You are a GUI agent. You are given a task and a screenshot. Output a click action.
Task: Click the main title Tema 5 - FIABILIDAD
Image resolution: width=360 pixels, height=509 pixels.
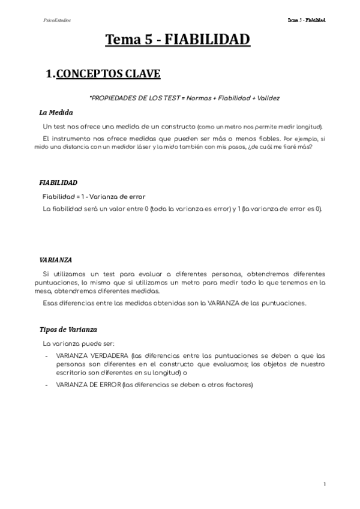178,41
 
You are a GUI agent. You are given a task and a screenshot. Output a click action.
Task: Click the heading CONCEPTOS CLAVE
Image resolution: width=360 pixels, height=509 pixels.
108,74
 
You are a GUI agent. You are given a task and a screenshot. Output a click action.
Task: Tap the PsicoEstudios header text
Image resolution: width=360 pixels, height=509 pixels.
57,20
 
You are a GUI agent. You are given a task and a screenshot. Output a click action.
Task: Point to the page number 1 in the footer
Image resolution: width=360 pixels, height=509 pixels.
324,484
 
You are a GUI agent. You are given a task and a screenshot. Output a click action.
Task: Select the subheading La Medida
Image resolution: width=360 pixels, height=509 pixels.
56,112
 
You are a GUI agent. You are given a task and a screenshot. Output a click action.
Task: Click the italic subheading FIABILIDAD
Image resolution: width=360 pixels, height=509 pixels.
58,182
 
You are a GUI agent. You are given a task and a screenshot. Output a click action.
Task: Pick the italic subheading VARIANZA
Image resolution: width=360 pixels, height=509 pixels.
55,260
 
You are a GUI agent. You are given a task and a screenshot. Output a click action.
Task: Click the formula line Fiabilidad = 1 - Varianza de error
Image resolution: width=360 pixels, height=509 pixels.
94,196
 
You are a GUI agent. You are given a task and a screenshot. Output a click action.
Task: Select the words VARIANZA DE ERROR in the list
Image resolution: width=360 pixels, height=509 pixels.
86,384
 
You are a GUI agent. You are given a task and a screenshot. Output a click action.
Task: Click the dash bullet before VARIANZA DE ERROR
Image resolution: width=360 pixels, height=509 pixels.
47,384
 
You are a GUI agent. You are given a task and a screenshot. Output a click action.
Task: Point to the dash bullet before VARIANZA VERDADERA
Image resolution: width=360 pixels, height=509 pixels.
47,355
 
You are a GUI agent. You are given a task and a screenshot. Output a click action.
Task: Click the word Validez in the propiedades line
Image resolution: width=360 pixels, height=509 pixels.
268,97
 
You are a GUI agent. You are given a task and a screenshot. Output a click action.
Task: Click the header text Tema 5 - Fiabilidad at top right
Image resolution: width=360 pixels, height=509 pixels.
306,20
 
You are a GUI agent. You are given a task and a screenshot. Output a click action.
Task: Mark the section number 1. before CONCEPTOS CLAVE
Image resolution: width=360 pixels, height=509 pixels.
50,74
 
